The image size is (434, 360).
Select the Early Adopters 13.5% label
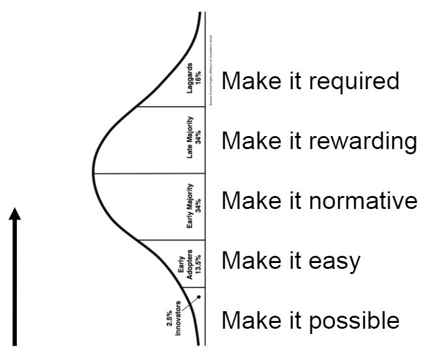[x=185, y=264]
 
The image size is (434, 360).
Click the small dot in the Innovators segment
[x=198, y=298]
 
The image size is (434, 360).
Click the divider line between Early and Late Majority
[x=150, y=173]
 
